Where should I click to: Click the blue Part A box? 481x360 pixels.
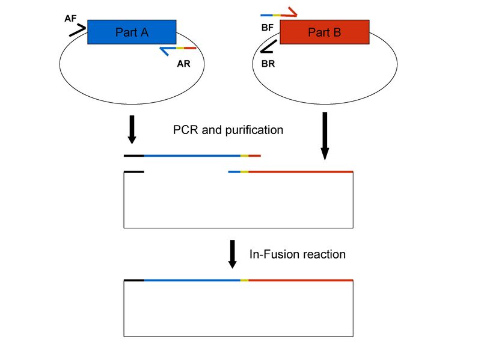click(132, 32)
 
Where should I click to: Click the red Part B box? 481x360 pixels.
click(325, 32)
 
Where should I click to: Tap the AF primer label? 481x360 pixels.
click(71, 19)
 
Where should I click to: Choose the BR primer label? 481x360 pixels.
click(268, 63)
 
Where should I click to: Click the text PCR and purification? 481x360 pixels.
click(227, 130)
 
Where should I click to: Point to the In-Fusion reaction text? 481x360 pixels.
click(298, 254)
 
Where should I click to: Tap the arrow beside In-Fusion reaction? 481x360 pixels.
click(233, 255)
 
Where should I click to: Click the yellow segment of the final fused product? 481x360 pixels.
click(244, 280)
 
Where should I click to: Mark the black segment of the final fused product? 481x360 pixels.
click(134, 280)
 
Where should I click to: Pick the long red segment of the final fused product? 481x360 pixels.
click(301, 280)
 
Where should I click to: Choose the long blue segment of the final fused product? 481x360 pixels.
click(192, 280)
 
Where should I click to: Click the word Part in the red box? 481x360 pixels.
click(317, 32)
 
